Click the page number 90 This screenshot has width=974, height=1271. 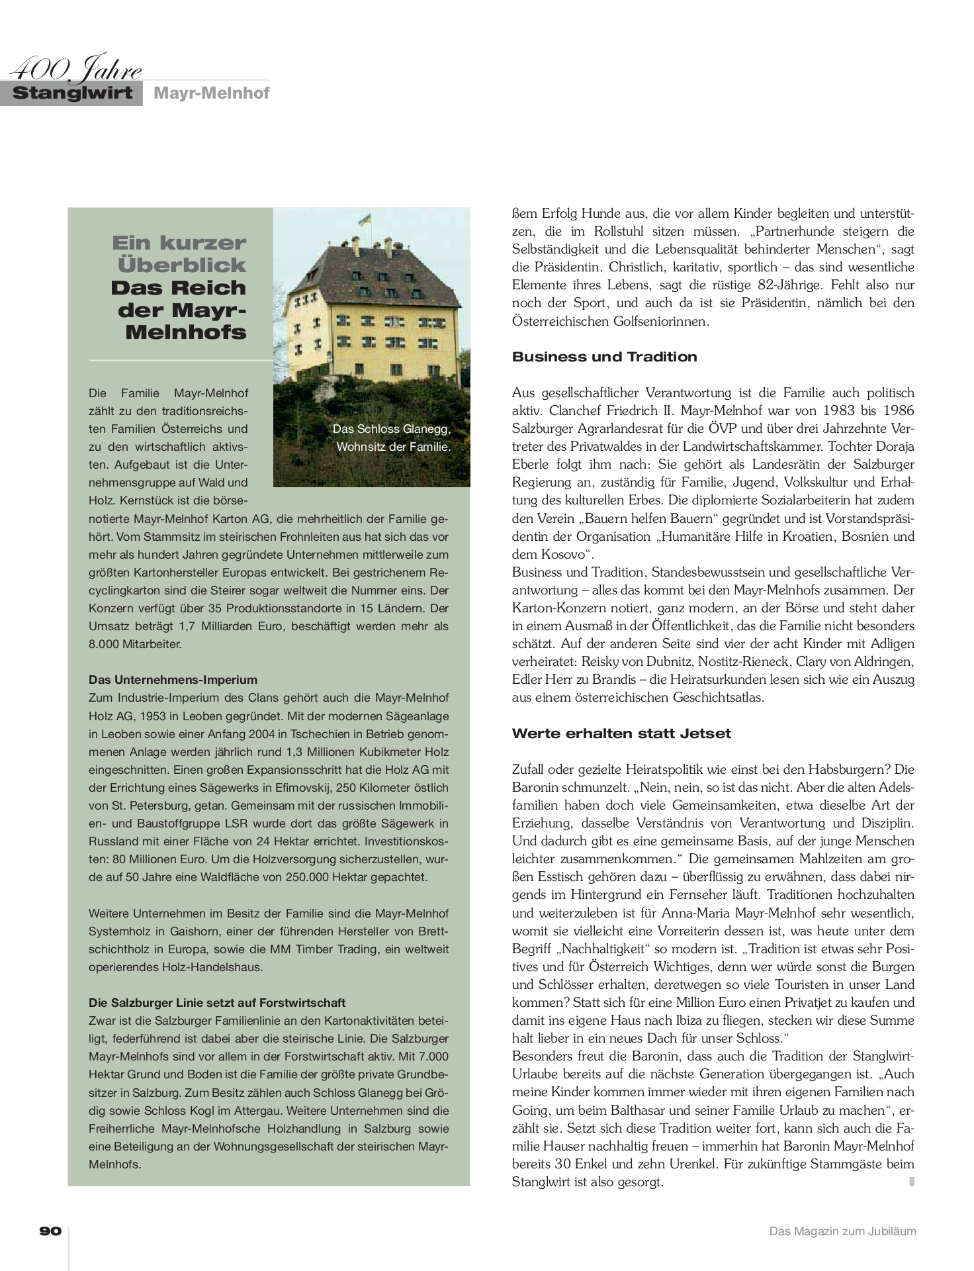[51, 1231]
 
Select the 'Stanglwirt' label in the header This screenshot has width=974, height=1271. [73, 93]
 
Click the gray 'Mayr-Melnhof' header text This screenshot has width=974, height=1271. [211, 93]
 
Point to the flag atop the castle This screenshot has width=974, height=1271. [364, 218]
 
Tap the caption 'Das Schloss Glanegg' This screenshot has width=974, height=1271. [392, 429]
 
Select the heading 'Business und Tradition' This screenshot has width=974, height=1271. [604, 357]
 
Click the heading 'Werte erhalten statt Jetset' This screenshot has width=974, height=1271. [621, 733]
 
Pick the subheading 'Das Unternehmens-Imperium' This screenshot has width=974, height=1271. [173, 680]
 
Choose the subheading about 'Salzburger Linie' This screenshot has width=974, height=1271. [217, 1003]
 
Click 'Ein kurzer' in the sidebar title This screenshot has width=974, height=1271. [179, 243]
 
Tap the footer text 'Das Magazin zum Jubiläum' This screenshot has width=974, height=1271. [842, 1231]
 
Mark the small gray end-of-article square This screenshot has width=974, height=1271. [912, 1181]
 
